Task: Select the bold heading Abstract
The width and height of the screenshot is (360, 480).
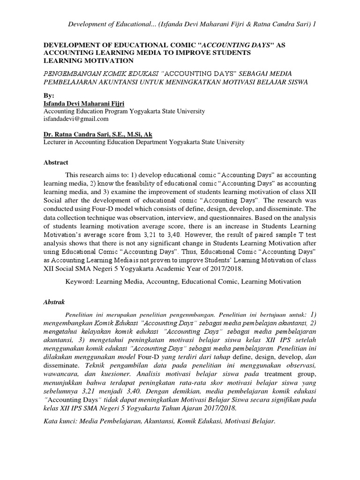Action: [x=56, y=163]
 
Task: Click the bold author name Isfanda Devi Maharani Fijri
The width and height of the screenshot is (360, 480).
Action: [x=87, y=103]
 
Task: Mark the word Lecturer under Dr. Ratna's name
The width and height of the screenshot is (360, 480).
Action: [x=56, y=142]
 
